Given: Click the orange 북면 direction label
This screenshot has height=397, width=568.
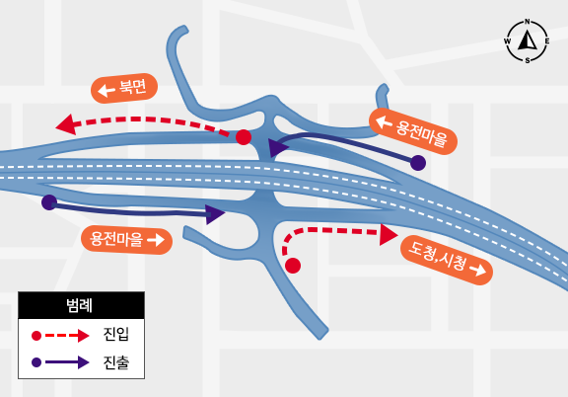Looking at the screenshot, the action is click(124, 88).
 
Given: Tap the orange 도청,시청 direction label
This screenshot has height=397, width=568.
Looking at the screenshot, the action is click(447, 260).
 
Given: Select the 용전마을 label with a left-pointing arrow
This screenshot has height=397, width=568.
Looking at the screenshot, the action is click(413, 131).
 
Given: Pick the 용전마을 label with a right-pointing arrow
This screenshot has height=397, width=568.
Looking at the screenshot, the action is click(127, 240).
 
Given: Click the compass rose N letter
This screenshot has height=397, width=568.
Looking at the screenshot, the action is click(528, 22).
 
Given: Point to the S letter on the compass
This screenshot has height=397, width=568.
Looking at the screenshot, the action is click(528, 60).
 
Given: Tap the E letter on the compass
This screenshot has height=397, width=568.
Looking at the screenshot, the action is click(547, 41).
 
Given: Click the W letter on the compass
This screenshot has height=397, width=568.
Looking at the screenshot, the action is click(507, 41).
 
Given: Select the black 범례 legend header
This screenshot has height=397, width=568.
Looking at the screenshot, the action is click(81, 305).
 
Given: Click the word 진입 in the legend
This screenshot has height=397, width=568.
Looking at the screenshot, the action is click(116, 334).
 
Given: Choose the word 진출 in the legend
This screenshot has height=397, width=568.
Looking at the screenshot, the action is click(116, 362).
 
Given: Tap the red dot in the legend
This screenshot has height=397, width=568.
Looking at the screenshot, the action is click(36, 336).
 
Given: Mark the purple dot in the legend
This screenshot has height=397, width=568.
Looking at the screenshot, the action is click(36, 362).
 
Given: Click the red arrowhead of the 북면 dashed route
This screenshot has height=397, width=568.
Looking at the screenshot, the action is click(66, 124).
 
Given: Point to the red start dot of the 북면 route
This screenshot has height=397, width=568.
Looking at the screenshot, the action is click(244, 137).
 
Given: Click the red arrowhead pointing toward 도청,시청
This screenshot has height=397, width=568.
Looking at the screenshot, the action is click(389, 235).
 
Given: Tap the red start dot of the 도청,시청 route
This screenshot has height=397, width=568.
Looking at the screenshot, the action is click(293, 266).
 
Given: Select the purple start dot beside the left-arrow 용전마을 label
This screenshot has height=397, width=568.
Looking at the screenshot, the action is click(418, 163).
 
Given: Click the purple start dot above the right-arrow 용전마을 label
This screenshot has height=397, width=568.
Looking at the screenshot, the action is click(49, 202).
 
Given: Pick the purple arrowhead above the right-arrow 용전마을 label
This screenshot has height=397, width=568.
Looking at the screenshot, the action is click(215, 214).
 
